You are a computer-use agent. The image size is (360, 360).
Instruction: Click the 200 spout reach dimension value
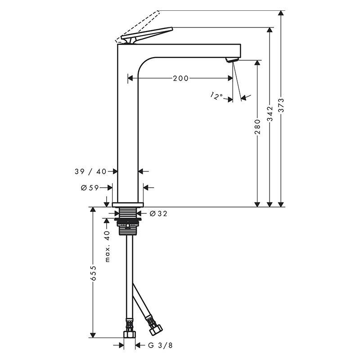(181, 78)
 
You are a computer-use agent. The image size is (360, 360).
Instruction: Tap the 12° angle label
(216, 96)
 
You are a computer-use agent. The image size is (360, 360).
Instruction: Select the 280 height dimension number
(257, 127)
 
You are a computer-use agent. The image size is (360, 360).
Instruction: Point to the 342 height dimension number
(270, 113)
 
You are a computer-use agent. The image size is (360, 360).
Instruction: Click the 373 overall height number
(281, 105)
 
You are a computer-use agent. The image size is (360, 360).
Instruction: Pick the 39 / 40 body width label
(91, 171)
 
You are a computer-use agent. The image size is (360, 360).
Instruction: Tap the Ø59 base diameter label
(90, 188)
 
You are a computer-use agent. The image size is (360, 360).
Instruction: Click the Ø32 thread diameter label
(158, 214)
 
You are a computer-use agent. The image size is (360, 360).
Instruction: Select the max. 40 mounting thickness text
(108, 246)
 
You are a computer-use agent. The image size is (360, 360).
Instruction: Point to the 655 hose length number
(93, 274)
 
